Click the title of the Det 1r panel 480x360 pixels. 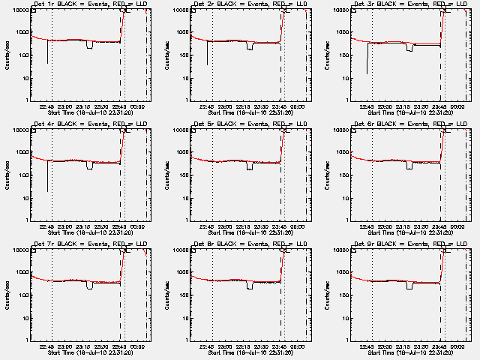90,4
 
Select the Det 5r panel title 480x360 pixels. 250,124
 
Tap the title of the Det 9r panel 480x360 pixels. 409,244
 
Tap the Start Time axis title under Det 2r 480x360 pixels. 250,112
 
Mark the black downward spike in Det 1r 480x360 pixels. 47,52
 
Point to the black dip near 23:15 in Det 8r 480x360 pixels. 250,286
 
